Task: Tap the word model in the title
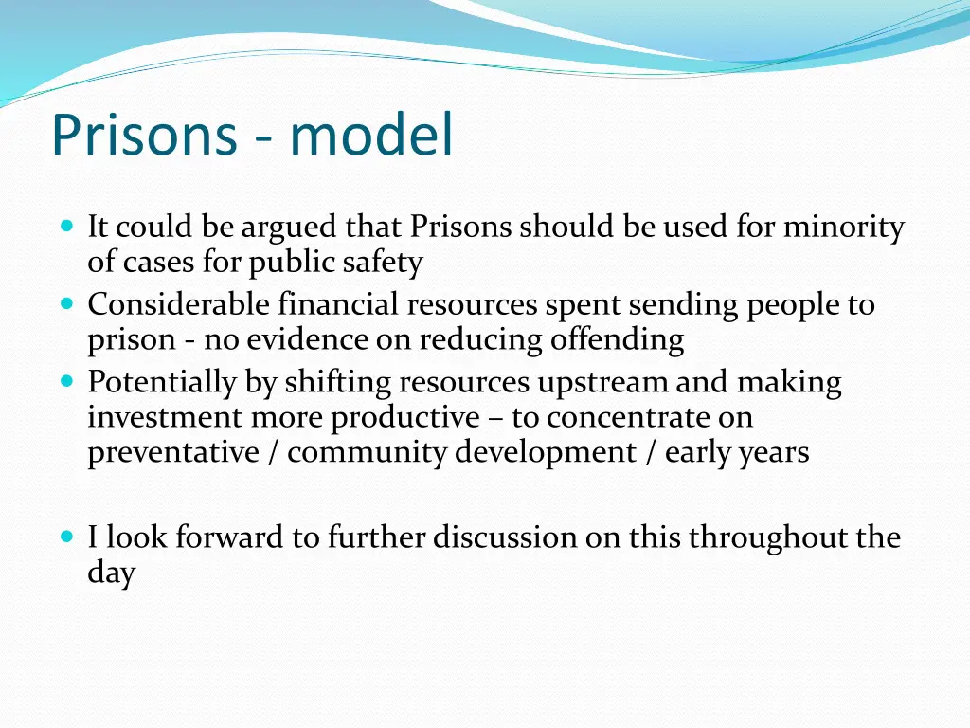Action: pos(371,135)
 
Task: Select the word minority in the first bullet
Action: pos(843,227)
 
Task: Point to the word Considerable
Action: pos(179,305)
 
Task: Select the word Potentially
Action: pos(161,382)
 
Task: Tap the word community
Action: pos(367,452)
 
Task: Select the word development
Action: pos(546,452)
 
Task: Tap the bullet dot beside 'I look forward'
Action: pos(66,537)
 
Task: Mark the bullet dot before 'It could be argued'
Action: pos(66,227)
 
